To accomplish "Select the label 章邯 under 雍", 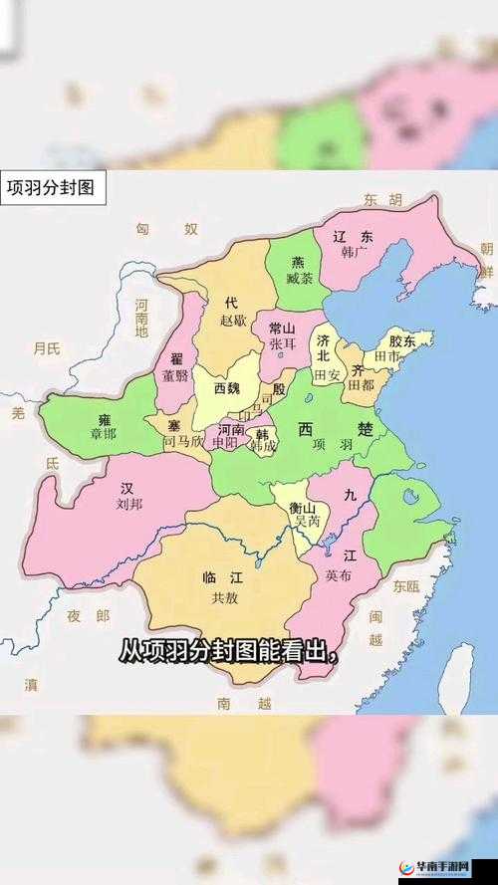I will pyautogui.click(x=103, y=434).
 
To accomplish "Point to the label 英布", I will pyautogui.click(x=338, y=575).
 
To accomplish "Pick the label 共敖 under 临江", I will pyautogui.click(x=225, y=597).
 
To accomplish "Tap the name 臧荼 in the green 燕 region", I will pyautogui.click(x=299, y=279).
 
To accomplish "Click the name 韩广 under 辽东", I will pyautogui.click(x=354, y=253).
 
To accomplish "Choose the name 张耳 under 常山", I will pyautogui.click(x=282, y=343).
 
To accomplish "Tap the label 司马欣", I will pyautogui.click(x=182, y=439).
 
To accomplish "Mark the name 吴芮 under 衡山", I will pyautogui.click(x=304, y=522).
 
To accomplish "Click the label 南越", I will pyautogui.click(x=244, y=703).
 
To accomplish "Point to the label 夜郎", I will pyautogui.click(x=89, y=616).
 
